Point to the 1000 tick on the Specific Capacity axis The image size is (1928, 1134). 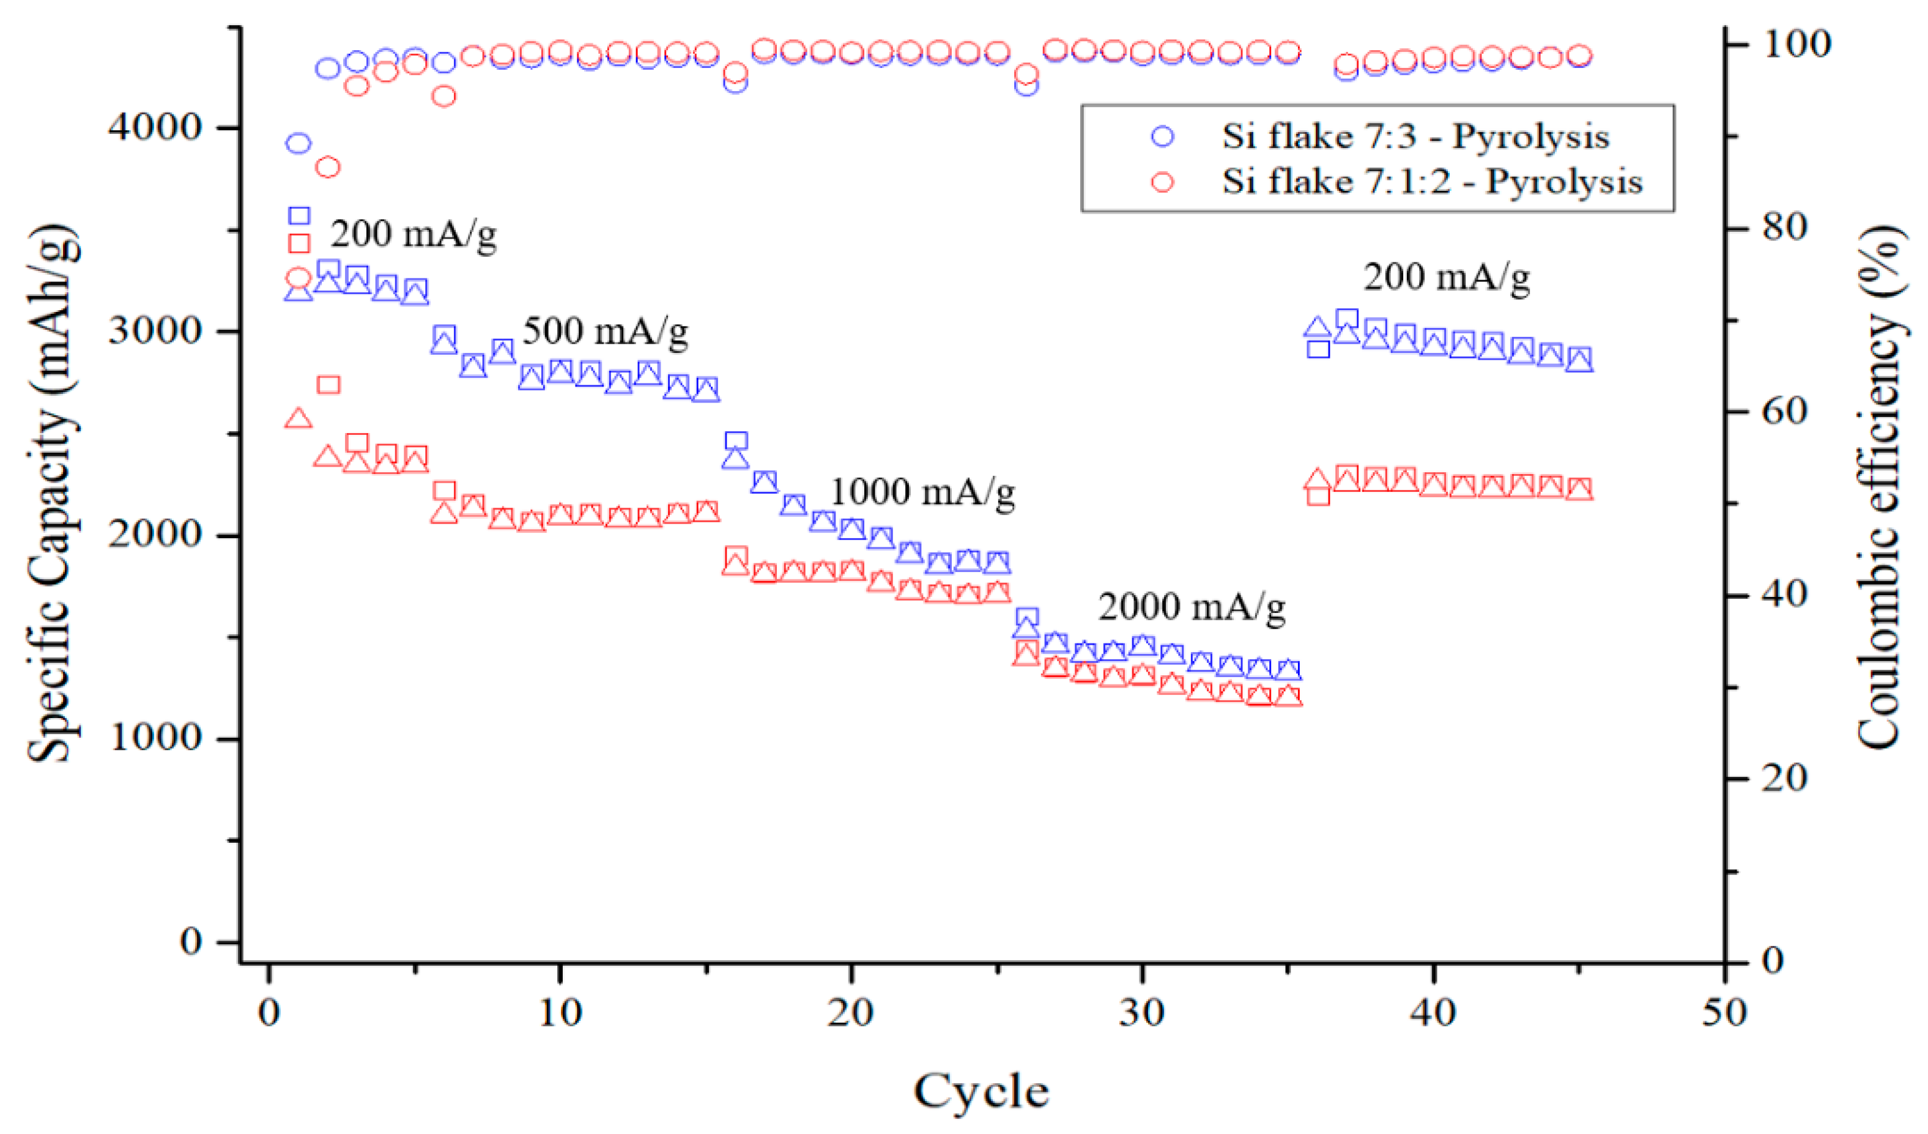(x=155, y=737)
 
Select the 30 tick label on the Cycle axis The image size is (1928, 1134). (x=1141, y=1014)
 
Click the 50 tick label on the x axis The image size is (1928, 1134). (x=1724, y=1014)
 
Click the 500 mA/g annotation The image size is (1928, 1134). (x=605, y=332)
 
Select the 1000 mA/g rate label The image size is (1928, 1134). (x=922, y=491)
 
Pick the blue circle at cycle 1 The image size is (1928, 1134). (x=298, y=143)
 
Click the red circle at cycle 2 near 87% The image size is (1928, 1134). (x=327, y=167)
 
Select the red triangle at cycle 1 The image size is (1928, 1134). (x=298, y=418)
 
